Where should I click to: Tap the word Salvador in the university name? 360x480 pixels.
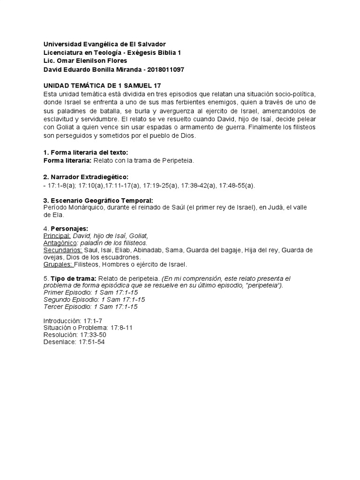151,44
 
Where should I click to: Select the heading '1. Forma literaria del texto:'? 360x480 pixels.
85,152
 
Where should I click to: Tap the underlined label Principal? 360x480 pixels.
57,235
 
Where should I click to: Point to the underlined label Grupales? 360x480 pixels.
58,264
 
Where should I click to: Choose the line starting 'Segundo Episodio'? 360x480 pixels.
94,300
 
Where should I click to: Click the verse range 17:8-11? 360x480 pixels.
121,328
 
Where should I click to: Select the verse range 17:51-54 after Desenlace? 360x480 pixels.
93,342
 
